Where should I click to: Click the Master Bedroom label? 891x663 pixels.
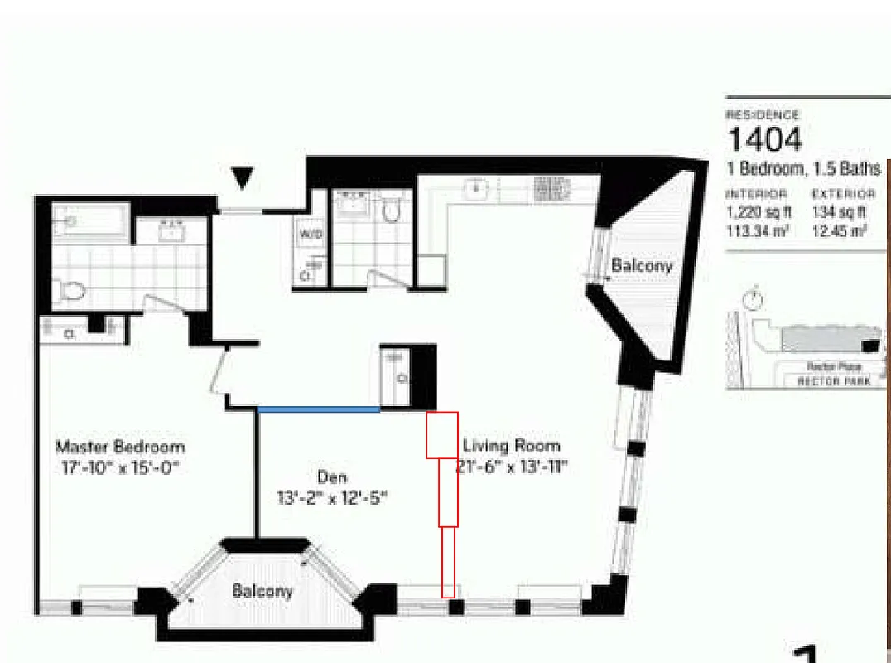click(120, 447)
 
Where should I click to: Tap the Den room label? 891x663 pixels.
click(332, 477)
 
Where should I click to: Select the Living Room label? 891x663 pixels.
click(511, 445)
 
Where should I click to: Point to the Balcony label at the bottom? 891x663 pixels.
click(262, 591)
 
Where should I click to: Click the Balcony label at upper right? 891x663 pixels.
click(642, 266)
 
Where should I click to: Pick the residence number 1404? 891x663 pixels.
click(764, 139)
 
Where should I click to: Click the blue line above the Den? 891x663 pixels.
click(319, 409)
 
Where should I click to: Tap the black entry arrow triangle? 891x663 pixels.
click(242, 177)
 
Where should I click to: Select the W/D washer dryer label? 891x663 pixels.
click(311, 235)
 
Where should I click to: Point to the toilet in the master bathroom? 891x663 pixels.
click(70, 290)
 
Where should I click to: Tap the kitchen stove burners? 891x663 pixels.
click(548, 190)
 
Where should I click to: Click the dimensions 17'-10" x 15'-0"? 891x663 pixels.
click(120, 467)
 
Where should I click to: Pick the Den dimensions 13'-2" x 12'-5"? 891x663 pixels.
click(332, 498)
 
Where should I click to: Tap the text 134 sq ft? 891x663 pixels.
click(839, 212)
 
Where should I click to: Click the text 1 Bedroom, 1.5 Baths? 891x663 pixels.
click(803, 169)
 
